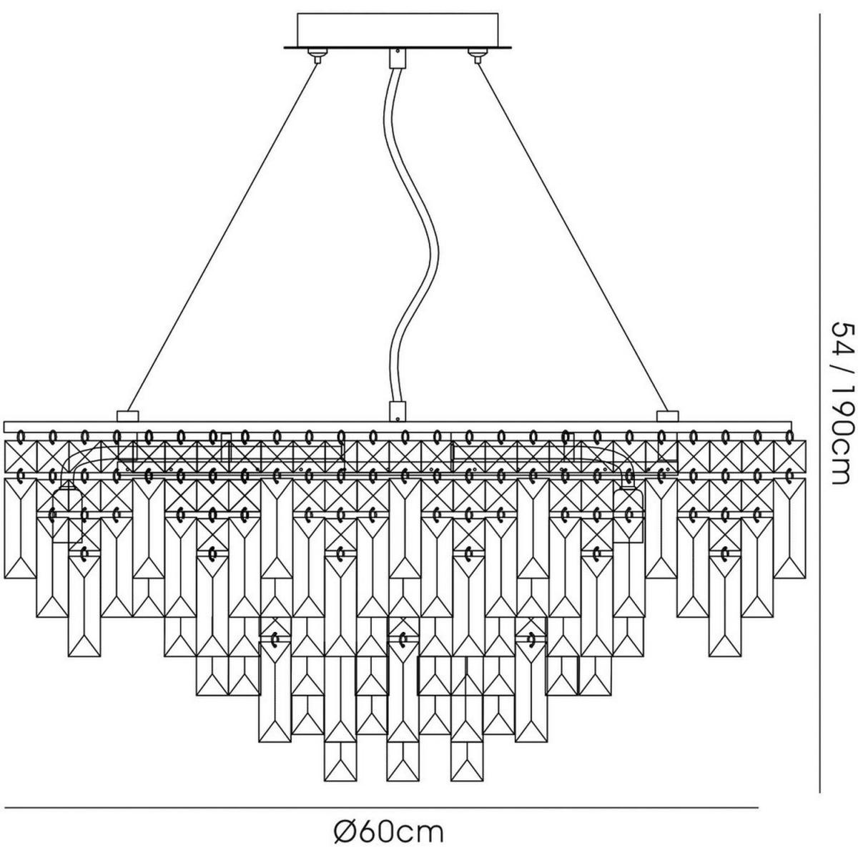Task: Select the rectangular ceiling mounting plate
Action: pyautogui.click(x=398, y=29)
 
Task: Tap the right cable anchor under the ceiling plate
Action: pyautogui.click(x=475, y=54)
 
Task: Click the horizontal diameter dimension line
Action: pyautogui.click(x=379, y=808)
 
